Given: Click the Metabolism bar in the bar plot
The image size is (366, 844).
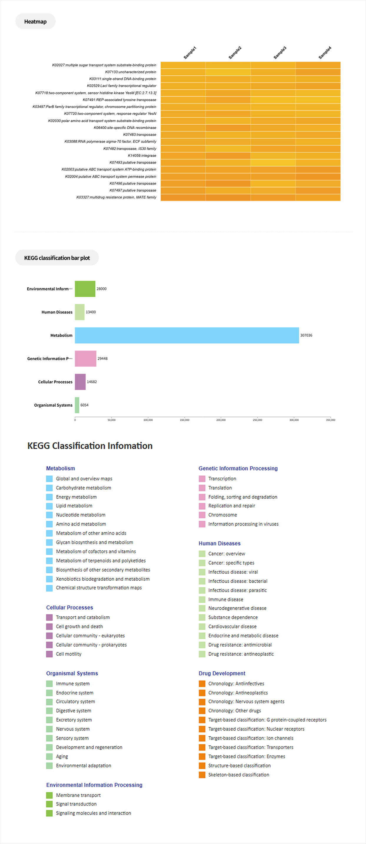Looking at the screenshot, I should pyautogui.click(x=187, y=335).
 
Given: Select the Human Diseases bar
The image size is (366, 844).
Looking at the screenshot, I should pyautogui.click(x=80, y=312).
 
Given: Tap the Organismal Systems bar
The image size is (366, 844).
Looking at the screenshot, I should pyautogui.click(x=77, y=405).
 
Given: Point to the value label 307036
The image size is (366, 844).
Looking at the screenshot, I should pyautogui.click(x=306, y=335).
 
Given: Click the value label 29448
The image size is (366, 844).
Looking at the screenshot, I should pyautogui.click(x=102, y=358).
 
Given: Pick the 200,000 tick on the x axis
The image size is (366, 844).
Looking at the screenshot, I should pyautogui.click(x=221, y=420).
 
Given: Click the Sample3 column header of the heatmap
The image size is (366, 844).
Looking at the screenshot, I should pyautogui.click(x=280, y=52).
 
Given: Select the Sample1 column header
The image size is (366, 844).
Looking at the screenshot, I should pyautogui.click(x=190, y=52).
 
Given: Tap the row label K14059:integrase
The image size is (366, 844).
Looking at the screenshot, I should pyautogui.click(x=142, y=156).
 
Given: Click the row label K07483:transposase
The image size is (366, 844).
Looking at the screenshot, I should pyautogui.click(x=140, y=135).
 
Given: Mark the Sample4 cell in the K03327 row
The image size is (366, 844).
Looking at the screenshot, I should pyautogui.click(x=318, y=198).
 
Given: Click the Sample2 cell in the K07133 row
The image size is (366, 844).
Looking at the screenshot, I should pyautogui.click(x=228, y=72).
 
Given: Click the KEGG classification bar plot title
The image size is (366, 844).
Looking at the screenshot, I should pyautogui.click(x=57, y=258).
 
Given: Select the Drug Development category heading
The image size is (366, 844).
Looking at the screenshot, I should pyautogui.click(x=222, y=673).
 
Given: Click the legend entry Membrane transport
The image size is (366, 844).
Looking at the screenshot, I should pyautogui.click(x=78, y=795).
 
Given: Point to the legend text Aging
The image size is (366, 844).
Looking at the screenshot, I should pyautogui.click(x=62, y=756).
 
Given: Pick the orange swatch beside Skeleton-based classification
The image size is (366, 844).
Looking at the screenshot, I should pyautogui.click(x=202, y=775).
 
